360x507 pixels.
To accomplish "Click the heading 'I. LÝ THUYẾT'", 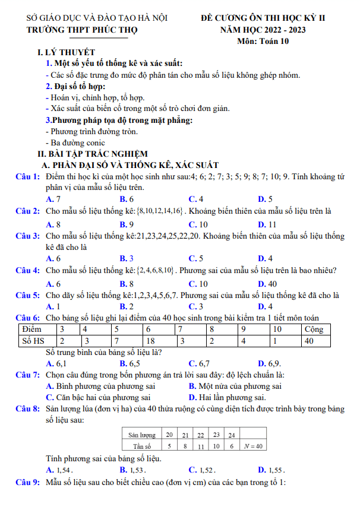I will [x=65, y=52].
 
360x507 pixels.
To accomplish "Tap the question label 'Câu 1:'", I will [x=28, y=177].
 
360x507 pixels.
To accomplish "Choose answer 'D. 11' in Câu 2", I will [x=267, y=224].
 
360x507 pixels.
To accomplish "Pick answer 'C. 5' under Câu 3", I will [x=196, y=258].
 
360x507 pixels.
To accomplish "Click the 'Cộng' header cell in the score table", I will [x=315, y=328].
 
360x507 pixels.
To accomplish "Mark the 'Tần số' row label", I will [x=143, y=446].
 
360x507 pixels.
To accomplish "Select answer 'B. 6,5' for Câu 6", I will [x=130, y=363].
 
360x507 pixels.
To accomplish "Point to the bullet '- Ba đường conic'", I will [x=75, y=142].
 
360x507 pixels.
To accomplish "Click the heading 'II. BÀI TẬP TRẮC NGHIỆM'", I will [x=91, y=153].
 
